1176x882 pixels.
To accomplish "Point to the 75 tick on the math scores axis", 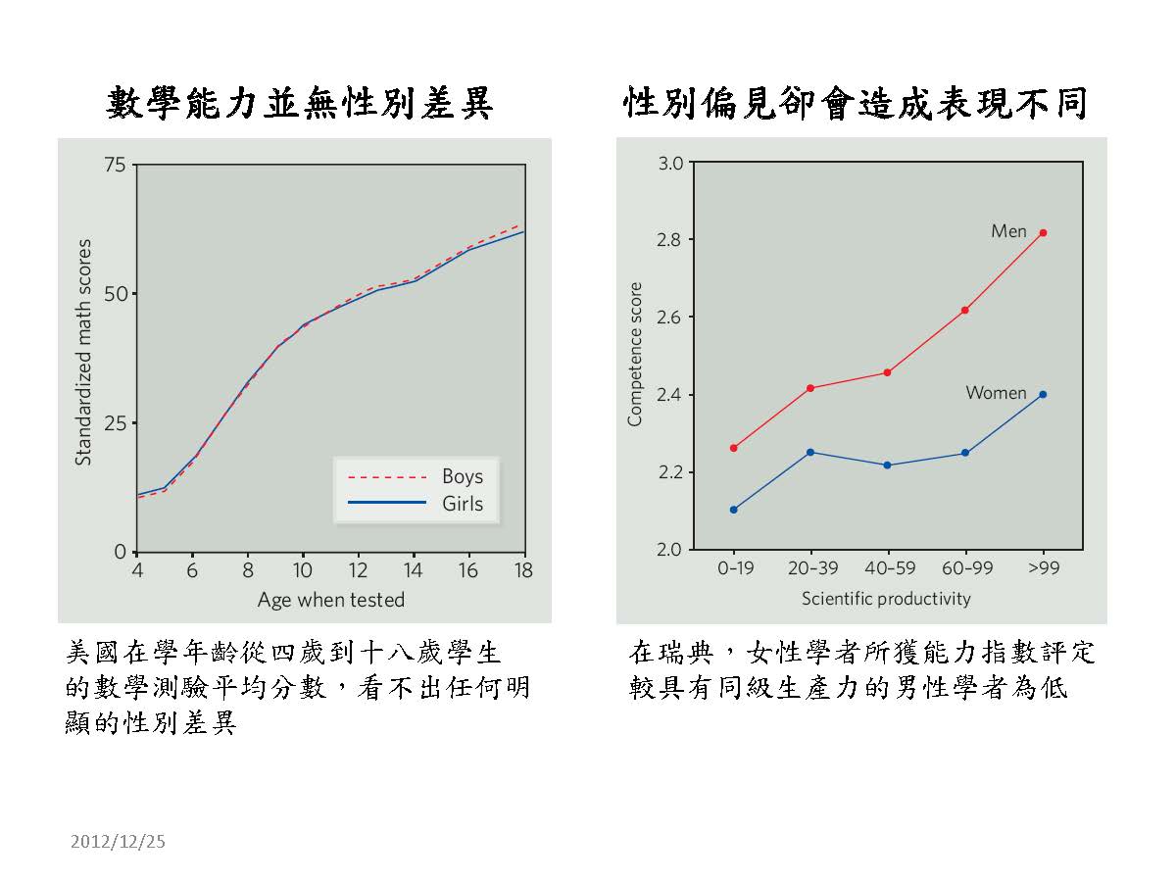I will click(x=116, y=165).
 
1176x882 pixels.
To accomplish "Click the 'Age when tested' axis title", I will click(x=331, y=600).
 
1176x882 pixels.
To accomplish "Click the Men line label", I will click(x=1008, y=231).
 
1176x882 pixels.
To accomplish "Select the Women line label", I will click(x=996, y=393).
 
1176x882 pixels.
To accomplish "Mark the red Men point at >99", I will click(x=1043, y=232).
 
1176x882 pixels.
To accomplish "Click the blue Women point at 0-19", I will click(x=733, y=510).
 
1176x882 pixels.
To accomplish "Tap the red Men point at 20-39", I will click(x=810, y=388).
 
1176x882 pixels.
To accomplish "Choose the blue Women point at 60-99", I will click(x=965, y=453).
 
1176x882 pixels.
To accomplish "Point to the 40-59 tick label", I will click(x=888, y=568).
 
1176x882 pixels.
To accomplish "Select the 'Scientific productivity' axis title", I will click(x=886, y=598).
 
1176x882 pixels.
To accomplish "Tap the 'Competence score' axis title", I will click(x=635, y=354).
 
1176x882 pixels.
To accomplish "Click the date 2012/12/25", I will click(x=119, y=841).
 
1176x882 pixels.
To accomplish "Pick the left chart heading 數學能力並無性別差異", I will click(x=299, y=103).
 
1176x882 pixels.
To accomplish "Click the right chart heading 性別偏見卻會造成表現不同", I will click(x=856, y=103).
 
